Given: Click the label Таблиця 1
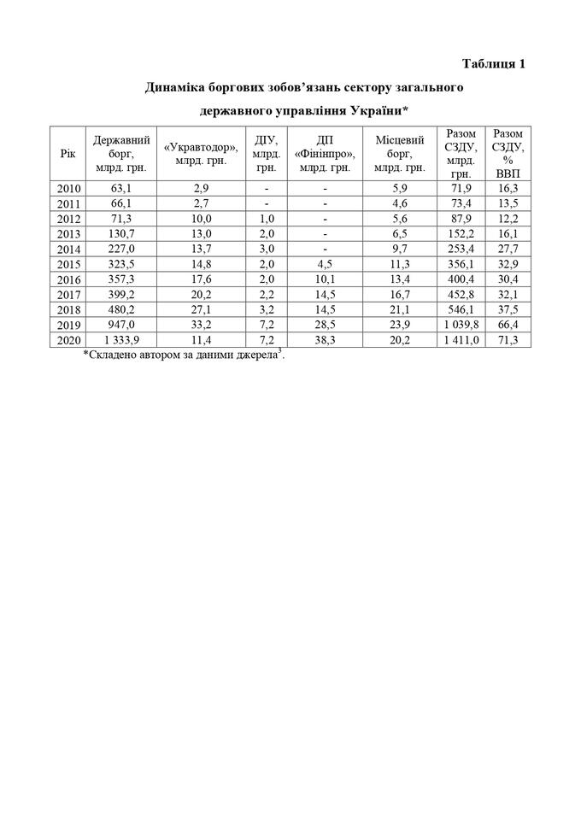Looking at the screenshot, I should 493,63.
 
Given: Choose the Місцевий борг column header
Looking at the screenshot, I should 400,151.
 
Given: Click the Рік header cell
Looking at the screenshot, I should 67,151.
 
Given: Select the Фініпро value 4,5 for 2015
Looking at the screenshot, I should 326,264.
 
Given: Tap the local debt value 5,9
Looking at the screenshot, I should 400,188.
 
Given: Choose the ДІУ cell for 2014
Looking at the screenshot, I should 267,249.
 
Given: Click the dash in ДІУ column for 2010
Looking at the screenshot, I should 267,188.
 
